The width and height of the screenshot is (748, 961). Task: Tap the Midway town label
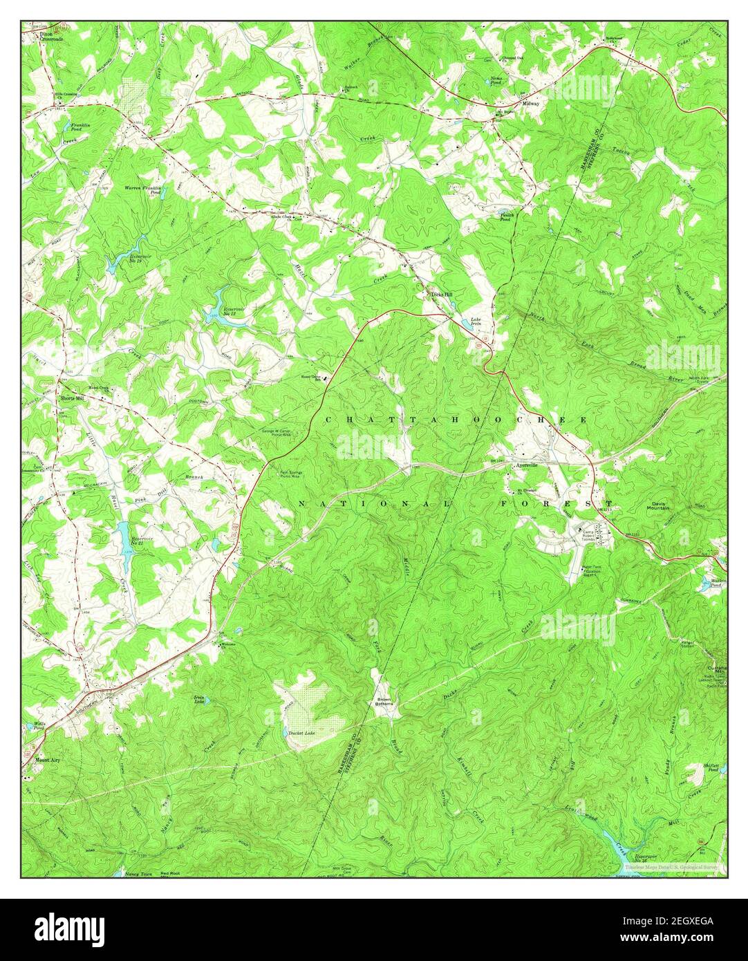click(x=530, y=103)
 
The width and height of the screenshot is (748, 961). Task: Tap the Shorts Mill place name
click(x=72, y=399)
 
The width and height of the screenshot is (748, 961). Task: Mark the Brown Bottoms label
click(x=384, y=702)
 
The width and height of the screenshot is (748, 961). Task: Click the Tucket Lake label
click(x=300, y=732)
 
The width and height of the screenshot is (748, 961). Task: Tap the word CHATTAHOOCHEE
click(x=456, y=420)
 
